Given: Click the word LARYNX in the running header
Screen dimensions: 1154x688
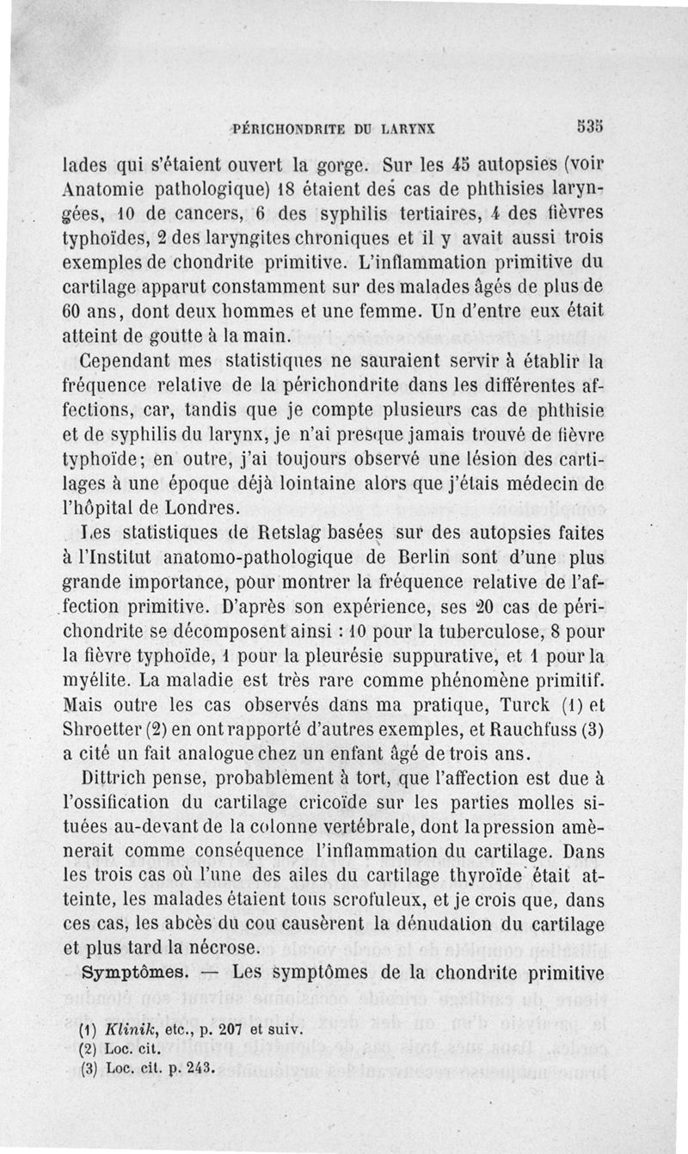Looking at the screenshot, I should (403, 129).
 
